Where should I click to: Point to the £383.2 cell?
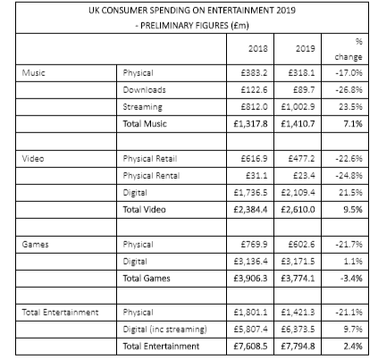257,78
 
